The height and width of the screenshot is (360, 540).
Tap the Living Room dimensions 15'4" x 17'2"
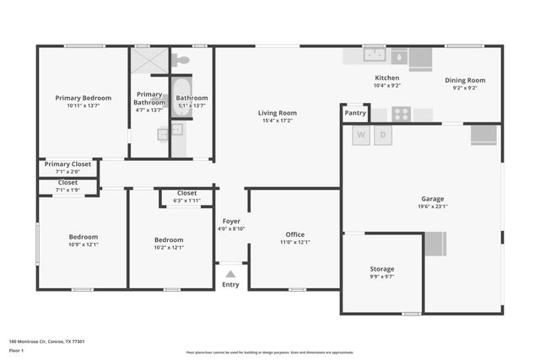tap(277, 121)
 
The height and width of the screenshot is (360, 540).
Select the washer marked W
tap(361, 135)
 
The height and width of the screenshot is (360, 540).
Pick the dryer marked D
tap(382, 135)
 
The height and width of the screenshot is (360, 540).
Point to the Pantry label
tap(355, 112)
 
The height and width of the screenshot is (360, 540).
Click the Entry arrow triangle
tap(230, 274)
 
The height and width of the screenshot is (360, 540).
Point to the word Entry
tap(230, 285)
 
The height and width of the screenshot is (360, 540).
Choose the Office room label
tap(294, 234)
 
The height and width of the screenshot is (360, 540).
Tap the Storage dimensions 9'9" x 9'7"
tap(381, 277)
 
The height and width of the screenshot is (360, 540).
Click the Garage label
tap(432, 200)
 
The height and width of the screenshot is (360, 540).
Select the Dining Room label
tap(466, 80)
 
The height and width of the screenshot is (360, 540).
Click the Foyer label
tap(231, 221)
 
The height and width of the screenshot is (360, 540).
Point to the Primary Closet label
tap(67, 164)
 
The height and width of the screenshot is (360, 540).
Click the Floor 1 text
tap(17, 349)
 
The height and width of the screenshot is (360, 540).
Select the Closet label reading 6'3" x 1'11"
tap(186, 201)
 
